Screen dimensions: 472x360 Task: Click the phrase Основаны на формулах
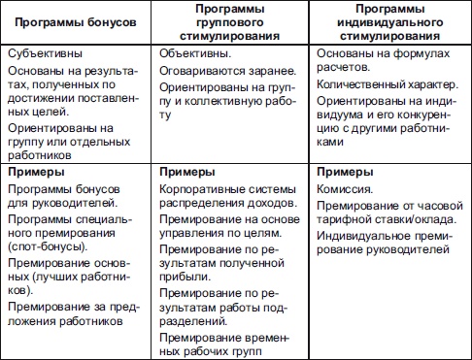click(378, 55)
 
